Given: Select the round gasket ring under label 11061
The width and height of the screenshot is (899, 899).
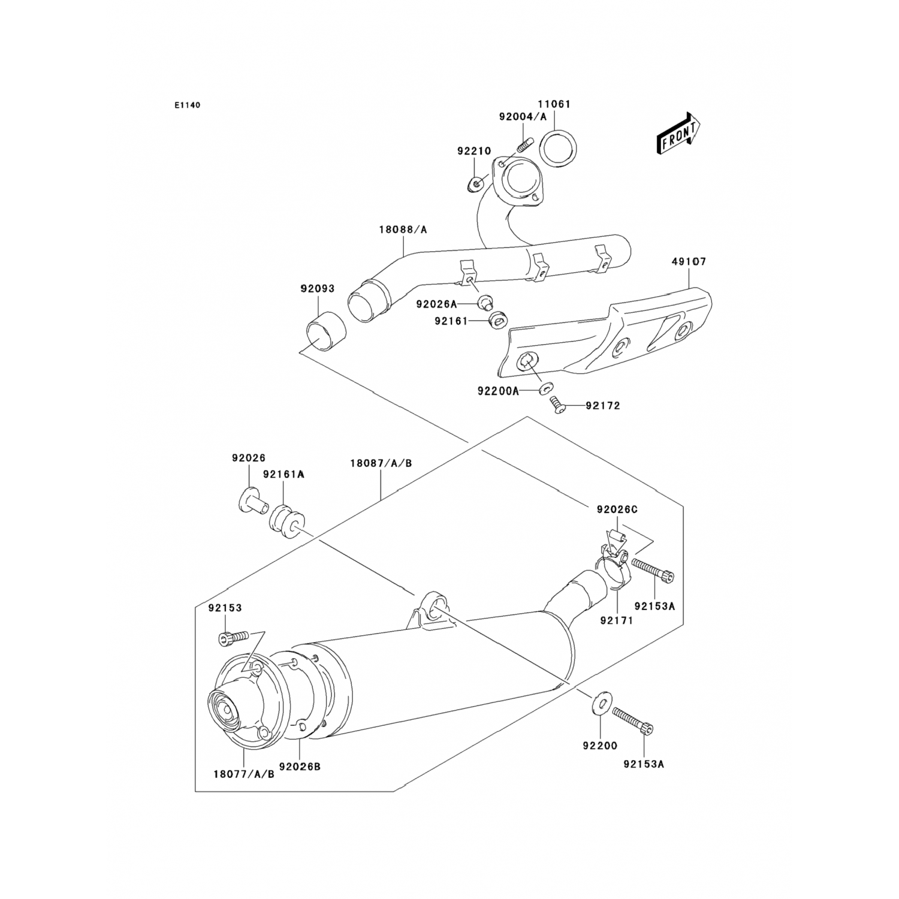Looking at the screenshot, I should tap(556, 149).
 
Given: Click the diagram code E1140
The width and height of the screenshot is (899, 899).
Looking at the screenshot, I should tap(188, 105).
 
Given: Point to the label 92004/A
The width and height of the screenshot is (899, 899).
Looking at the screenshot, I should tap(523, 117).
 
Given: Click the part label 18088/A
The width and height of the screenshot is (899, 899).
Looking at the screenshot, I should tap(402, 230).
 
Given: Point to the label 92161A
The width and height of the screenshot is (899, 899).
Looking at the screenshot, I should tap(283, 473).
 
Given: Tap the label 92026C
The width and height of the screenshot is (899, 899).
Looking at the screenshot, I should tap(617, 509).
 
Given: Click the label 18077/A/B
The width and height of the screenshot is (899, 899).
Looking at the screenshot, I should tap(243, 773).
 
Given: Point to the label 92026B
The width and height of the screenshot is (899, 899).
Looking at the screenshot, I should tap(300, 766).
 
